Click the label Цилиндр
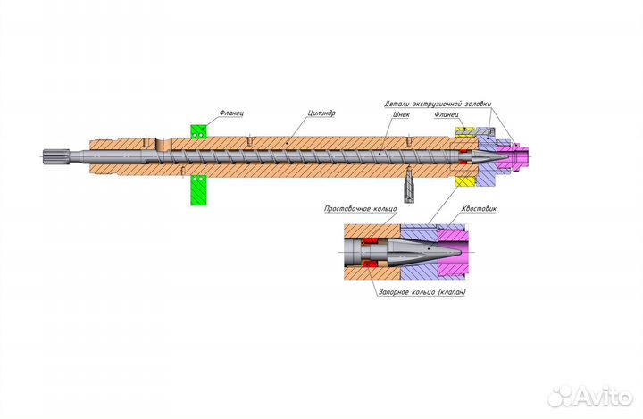pos(321,113)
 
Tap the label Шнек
pos(401,115)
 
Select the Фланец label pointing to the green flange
pos(231,113)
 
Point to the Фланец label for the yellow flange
pos(447,114)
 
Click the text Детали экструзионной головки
pos(438,104)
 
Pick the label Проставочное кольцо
pos(361,208)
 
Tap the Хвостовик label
pos(479,208)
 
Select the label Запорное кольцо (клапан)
pos(422,292)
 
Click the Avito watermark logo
pos(590,396)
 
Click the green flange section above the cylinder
pos(199,131)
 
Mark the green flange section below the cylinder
pos(199,190)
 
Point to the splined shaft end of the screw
pos(52,155)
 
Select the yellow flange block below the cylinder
pos(464,181)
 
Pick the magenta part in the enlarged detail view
pos(453,252)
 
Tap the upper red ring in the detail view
pos(371,239)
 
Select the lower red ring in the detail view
pos(372,263)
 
